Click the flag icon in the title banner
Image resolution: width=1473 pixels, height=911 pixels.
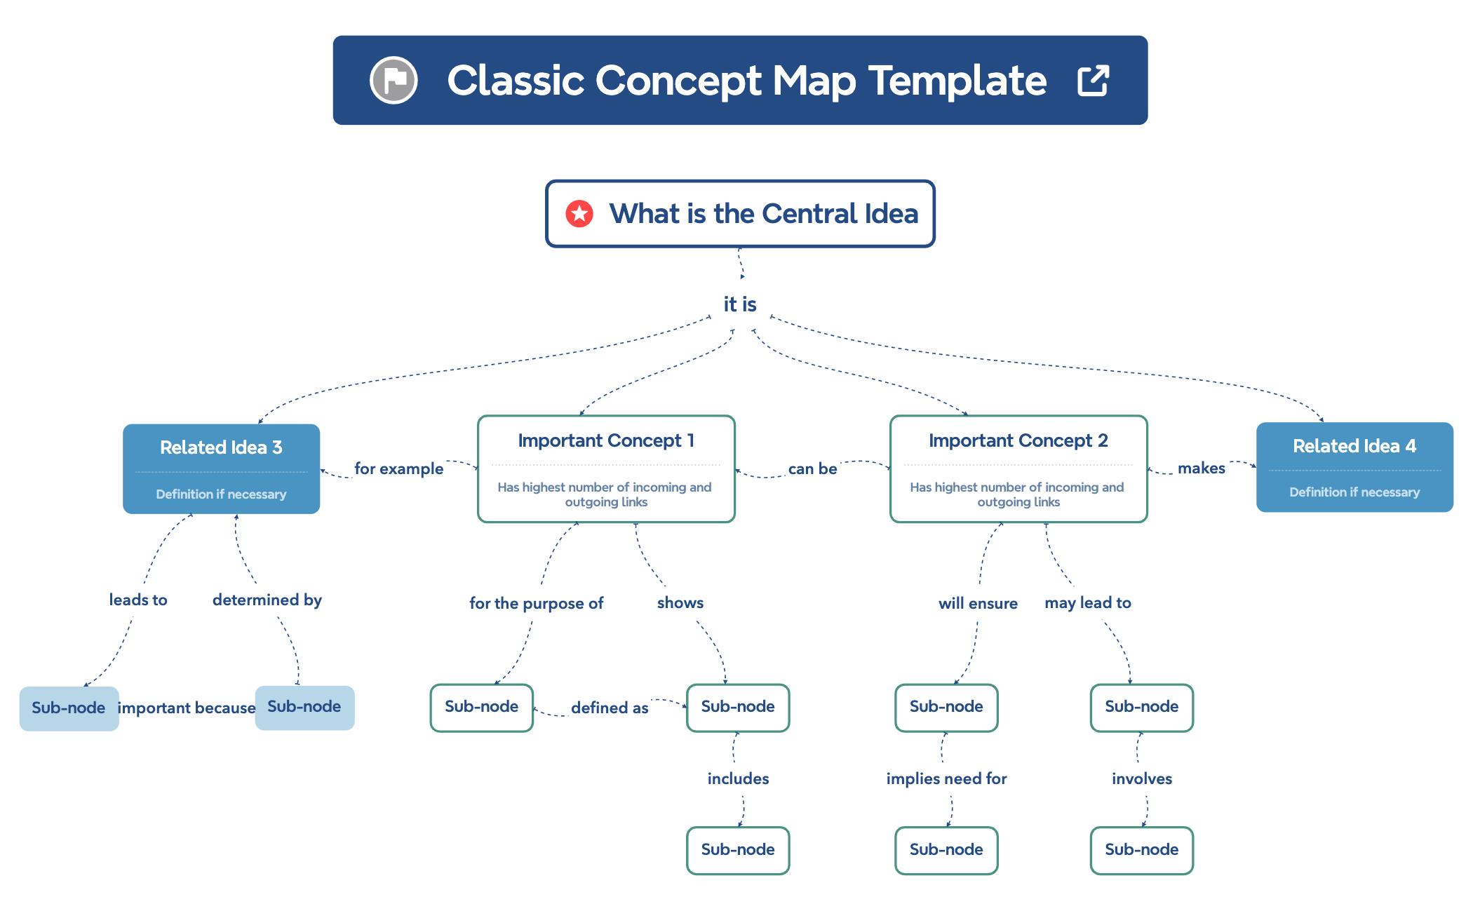point(394,80)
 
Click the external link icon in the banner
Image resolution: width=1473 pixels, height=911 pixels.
point(1093,81)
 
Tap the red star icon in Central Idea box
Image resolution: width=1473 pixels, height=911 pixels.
point(579,213)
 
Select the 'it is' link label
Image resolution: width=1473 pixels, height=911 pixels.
point(740,304)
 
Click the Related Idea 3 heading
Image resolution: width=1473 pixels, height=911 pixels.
point(221,447)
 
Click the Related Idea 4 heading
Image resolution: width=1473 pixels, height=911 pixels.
point(1354,446)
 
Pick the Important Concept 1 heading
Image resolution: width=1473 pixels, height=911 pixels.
point(606,440)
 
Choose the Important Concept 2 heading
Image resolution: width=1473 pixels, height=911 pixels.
point(1018,440)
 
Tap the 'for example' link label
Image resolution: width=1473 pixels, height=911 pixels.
point(398,468)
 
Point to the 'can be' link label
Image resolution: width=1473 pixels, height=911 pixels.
point(812,468)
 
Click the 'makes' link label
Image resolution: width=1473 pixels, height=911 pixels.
point(1201,468)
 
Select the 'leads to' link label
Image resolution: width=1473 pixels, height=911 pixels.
point(138,600)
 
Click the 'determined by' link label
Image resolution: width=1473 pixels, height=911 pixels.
point(267,600)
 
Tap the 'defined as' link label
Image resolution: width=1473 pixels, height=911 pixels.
point(610,708)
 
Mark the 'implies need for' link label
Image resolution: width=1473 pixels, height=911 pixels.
point(946,778)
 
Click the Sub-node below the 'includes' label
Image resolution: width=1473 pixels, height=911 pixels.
point(738,850)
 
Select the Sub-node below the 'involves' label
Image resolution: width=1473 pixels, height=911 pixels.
point(1141,850)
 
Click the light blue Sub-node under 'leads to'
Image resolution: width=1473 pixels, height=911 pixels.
point(69,708)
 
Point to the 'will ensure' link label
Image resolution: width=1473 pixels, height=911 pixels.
point(978,603)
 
